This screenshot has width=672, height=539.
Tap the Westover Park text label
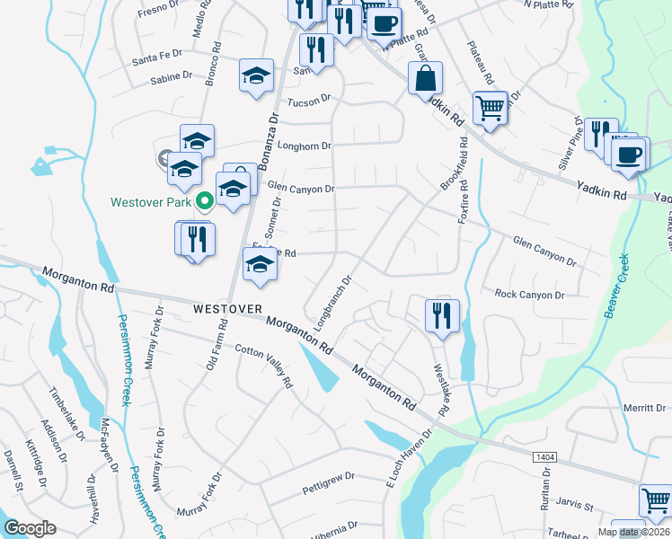point(152,202)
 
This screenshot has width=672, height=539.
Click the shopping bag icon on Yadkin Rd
point(425,78)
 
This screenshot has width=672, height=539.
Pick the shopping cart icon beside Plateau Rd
point(490,108)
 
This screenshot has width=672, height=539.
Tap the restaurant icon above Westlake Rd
point(442,316)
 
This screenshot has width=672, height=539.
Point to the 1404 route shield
point(544,457)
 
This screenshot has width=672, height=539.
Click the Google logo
point(31,527)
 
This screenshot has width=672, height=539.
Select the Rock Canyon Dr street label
point(529,295)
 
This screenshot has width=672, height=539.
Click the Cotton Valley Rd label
point(264,367)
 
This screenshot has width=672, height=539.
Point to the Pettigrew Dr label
point(329,489)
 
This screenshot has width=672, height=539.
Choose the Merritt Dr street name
point(646,409)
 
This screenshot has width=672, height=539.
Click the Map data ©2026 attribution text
point(633,532)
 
